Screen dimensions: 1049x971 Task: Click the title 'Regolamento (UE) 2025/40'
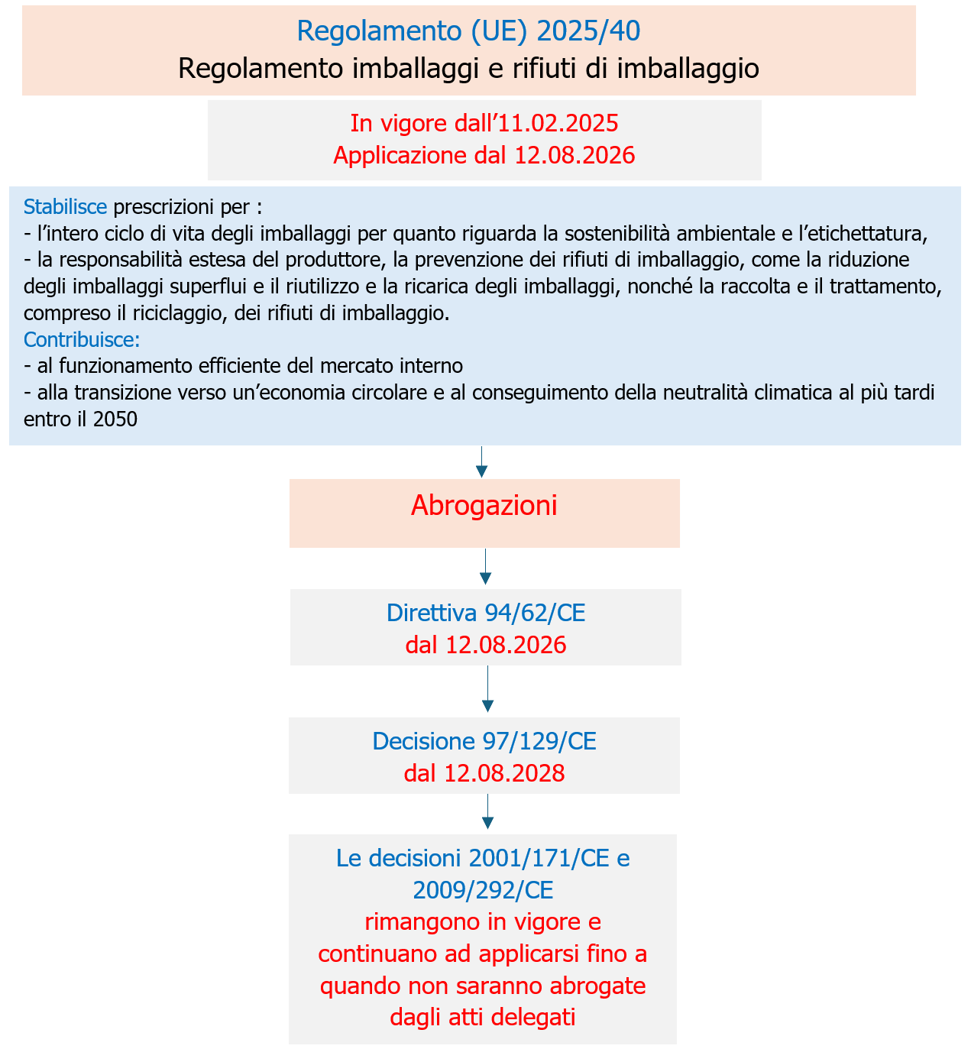468,31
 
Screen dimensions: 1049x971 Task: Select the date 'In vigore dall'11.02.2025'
484,123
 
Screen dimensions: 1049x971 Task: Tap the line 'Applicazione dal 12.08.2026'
484,156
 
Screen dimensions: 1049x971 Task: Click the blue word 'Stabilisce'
65,207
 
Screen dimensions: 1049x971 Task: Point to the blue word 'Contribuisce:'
82,339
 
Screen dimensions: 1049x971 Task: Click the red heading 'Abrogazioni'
484,506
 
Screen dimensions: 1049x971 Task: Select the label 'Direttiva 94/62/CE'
486,613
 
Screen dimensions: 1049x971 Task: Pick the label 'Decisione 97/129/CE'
484,741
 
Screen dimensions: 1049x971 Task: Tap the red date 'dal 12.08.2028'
484,774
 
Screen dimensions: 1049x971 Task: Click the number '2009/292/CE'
483,890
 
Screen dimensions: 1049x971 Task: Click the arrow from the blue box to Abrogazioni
481,462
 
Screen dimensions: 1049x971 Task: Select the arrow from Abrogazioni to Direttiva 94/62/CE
485,568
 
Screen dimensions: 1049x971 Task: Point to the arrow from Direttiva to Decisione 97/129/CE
487,690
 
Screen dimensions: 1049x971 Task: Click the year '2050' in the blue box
117,419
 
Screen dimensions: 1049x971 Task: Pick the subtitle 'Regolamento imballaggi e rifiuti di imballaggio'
468,69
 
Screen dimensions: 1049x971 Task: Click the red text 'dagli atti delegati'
483,1018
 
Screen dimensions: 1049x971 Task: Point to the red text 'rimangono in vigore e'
483,922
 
